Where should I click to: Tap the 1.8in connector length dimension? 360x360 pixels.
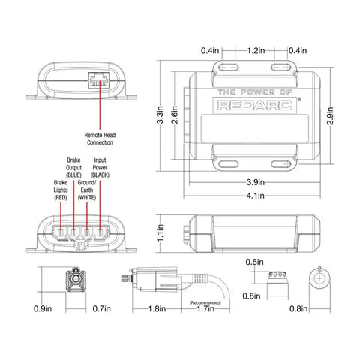pos(157,308)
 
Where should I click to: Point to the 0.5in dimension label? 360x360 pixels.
pos(254,262)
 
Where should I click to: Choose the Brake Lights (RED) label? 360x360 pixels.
pos(61,190)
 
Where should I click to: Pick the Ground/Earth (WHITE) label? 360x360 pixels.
pos(90,190)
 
